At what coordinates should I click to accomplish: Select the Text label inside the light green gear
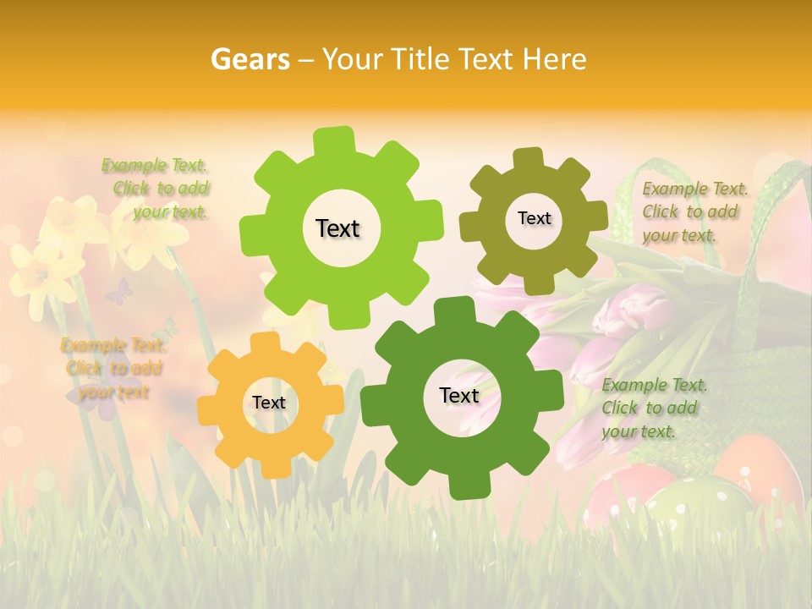337,228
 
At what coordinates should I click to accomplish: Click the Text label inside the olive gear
534,218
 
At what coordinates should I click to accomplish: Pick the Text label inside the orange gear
269,403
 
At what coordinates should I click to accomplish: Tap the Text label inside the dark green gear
459,395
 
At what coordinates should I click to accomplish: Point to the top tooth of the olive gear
529,158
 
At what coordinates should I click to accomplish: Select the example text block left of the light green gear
156,189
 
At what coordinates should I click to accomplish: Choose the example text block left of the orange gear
112,368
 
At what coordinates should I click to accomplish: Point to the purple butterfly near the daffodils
118,292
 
